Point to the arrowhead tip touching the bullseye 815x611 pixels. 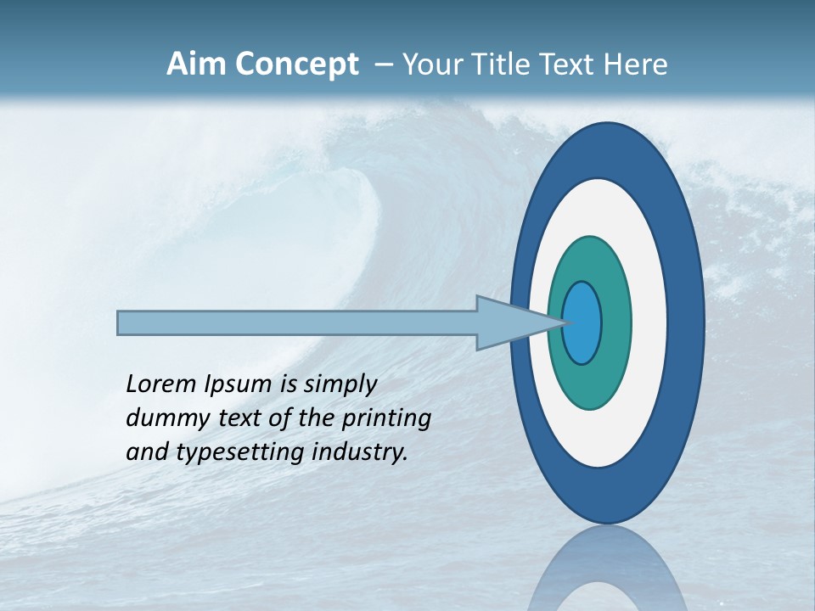pos(564,322)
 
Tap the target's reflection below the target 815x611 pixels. pos(607,573)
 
